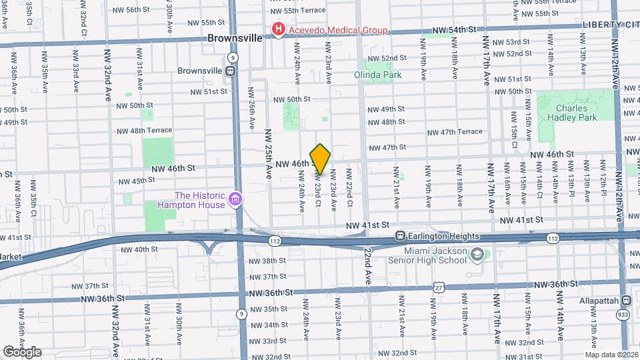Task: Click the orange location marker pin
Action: [320, 159]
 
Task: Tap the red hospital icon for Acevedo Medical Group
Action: [278, 29]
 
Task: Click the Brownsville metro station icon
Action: [229, 71]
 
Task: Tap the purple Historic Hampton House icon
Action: [235, 199]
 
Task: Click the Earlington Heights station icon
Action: [401, 236]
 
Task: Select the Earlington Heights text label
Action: [447, 236]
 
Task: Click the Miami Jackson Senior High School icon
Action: [477, 254]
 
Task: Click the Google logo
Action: [21, 351]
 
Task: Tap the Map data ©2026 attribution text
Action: [611, 355]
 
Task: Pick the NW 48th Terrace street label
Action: [144, 131]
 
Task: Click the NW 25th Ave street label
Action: [268, 153]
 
